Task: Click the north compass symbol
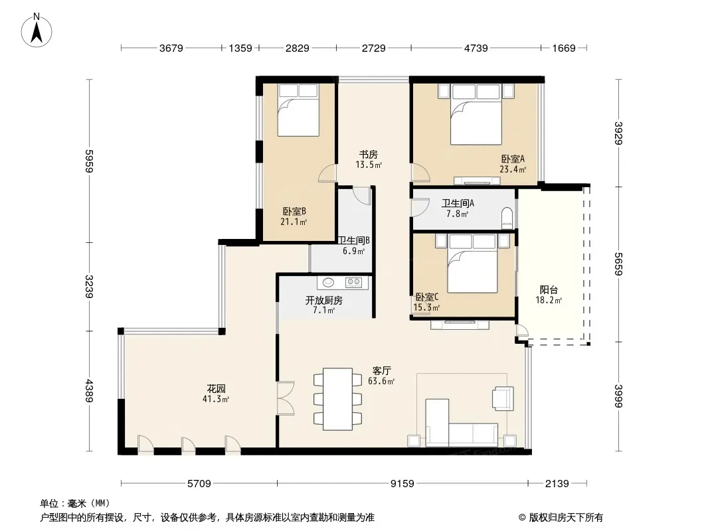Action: [36, 31]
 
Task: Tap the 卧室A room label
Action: [513, 159]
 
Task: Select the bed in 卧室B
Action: [298, 110]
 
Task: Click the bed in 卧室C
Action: [472, 264]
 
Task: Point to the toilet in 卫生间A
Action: [507, 218]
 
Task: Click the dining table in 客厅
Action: [338, 399]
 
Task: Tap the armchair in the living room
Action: [503, 398]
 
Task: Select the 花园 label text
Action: [217, 388]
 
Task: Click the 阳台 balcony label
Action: [549, 289]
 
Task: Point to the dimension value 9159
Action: [402, 484]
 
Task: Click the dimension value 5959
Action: [90, 161]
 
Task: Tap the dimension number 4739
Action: [476, 48]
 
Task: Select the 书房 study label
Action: [369, 154]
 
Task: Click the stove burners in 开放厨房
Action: [353, 282]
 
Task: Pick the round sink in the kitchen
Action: [328, 282]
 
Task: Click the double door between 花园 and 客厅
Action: [286, 398]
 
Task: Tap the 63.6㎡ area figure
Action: [381, 381]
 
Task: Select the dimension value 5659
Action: [618, 264]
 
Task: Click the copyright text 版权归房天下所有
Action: [566, 518]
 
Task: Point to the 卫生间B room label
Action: [354, 240]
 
